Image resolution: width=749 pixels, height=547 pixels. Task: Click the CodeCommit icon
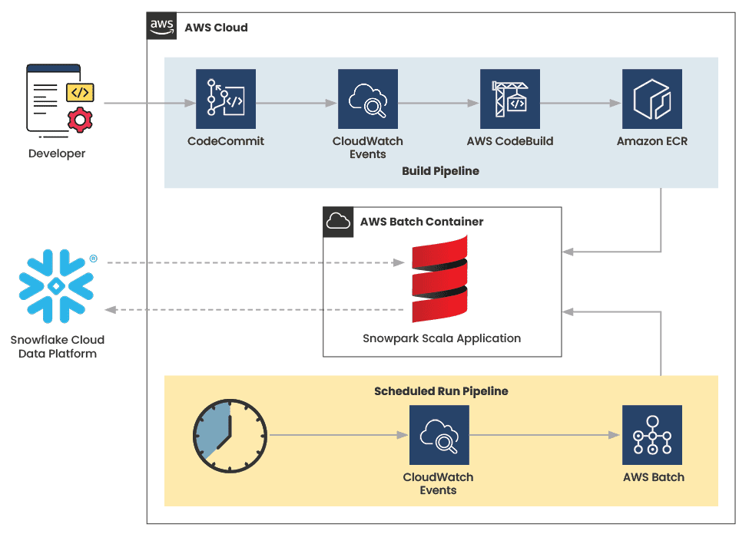[x=225, y=99]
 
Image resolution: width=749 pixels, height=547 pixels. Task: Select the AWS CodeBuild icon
[x=510, y=99]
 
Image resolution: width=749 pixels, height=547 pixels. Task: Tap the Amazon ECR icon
[x=652, y=99]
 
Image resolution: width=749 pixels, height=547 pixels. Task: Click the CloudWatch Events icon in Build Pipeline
[x=368, y=99]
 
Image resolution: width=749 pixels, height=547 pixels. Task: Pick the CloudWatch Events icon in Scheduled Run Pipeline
[x=439, y=435]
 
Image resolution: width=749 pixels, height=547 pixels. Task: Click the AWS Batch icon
[x=653, y=435]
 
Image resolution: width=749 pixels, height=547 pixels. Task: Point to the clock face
[x=229, y=435]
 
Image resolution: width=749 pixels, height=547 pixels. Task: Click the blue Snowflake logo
[x=55, y=285]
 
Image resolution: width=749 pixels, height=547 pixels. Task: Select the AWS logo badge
[x=161, y=26]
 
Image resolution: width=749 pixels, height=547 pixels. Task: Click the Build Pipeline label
[x=440, y=171]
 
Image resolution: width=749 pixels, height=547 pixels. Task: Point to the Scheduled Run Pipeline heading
[x=441, y=391]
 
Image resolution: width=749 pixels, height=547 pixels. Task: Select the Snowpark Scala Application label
[x=442, y=338]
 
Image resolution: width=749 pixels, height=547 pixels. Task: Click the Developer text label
[x=57, y=153]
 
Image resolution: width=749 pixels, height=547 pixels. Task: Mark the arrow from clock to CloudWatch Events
[x=338, y=435]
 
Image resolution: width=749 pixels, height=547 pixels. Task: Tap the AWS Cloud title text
[x=216, y=28]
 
